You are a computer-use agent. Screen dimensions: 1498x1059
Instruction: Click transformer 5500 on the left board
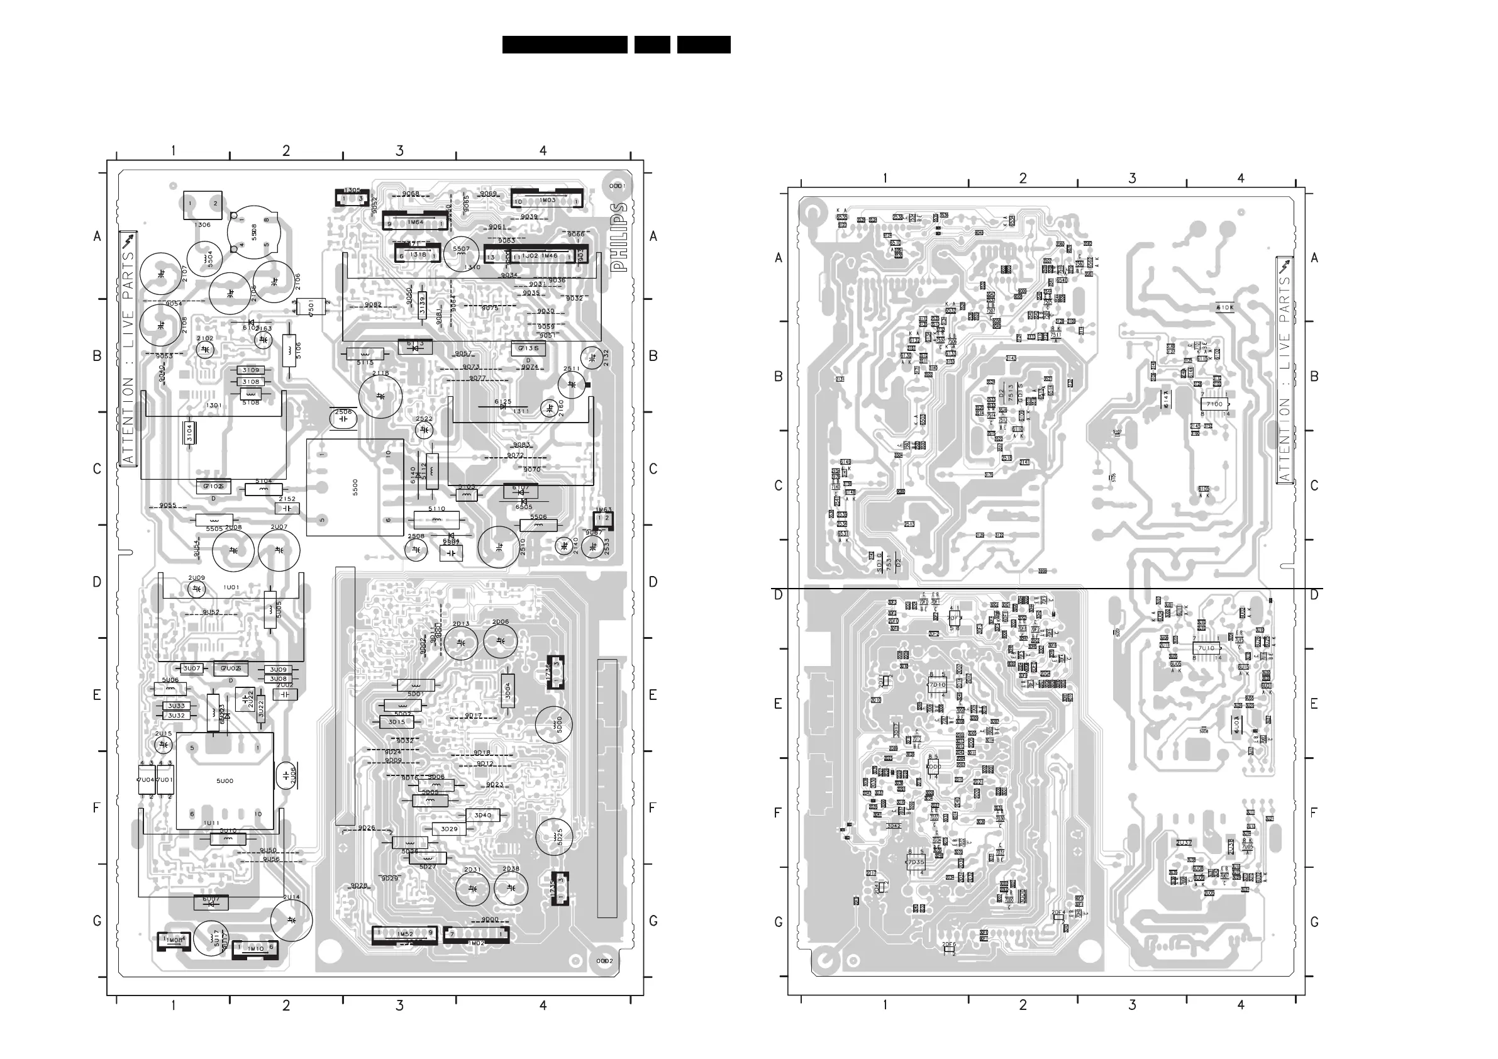point(354,487)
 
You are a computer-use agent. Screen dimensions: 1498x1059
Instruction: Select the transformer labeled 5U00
point(225,781)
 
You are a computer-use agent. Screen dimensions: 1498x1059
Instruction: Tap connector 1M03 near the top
point(546,200)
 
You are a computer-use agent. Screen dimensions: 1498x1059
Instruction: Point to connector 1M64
point(415,222)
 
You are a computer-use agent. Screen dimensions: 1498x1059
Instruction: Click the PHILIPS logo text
point(619,237)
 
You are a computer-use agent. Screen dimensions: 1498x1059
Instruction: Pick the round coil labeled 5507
point(461,253)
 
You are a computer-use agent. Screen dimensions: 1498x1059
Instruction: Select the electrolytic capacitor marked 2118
point(380,396)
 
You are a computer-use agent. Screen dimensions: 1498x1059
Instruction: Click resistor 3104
point(190,433)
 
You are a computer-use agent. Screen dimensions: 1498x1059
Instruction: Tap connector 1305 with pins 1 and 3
point(352,197)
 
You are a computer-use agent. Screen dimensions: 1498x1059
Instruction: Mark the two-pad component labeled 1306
point(203,204)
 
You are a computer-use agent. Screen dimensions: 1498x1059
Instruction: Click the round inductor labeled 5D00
point(554,725)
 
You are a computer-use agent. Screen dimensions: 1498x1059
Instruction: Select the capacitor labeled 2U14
point(291,920)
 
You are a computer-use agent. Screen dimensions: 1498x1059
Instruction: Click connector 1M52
point(404,934)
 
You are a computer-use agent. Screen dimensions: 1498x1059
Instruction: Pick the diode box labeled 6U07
point(211,902)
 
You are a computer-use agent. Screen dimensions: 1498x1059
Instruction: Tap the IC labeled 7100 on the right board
point(1214,404)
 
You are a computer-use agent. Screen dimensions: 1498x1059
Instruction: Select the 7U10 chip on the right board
point(1206,648)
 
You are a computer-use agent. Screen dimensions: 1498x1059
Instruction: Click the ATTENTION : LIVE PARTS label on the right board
point(1285,370)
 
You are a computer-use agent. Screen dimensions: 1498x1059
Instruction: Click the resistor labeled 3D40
point(483,815)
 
